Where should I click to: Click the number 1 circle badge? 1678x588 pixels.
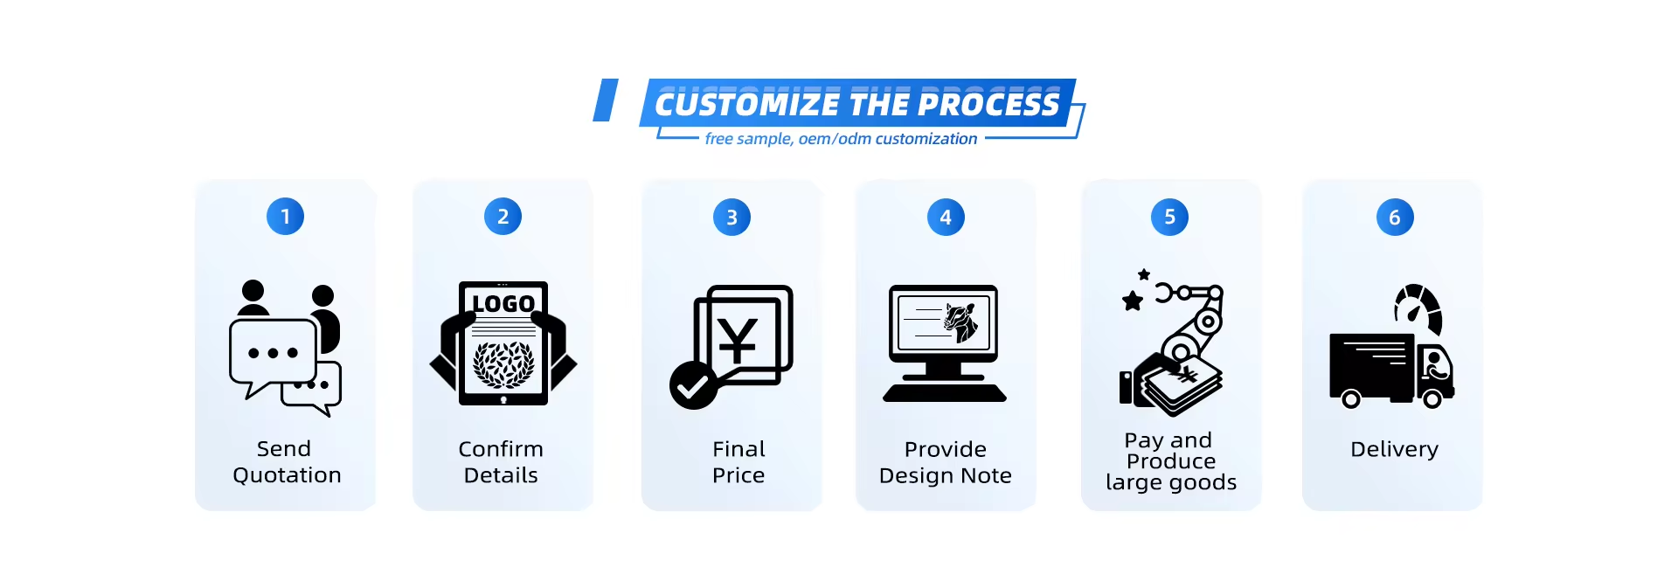(x=285, y=217)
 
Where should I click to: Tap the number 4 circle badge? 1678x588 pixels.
(x=946, y=218)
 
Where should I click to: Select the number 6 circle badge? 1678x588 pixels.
(x=1395, y=218)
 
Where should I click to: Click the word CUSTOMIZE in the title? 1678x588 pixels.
(x=747, y=105)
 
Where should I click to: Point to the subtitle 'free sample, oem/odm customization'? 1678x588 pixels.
(x=841, y=139)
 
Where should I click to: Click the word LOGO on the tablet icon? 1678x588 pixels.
(x=503, y=303)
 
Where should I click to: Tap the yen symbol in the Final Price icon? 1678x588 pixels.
(x=738, y=340)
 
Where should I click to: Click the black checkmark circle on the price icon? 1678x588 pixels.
(x=693, y=385)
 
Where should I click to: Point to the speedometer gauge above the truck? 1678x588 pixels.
(x=1418, y=308)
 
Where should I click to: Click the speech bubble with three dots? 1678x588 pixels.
(x=273, y=353)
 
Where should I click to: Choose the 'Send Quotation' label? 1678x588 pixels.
(x=287, y=462)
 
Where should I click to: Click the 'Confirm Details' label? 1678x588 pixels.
(x=501, y=462)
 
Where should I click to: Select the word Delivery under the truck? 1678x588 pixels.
(x=1394, y=449)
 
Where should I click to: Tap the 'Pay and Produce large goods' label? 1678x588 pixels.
(x=1171, y=461)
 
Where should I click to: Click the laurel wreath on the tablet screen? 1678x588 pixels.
(x=503, y=363)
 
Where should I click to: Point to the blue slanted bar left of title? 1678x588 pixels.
(x=606, y=100)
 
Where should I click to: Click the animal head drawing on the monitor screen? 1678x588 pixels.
(x=961, y=322)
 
